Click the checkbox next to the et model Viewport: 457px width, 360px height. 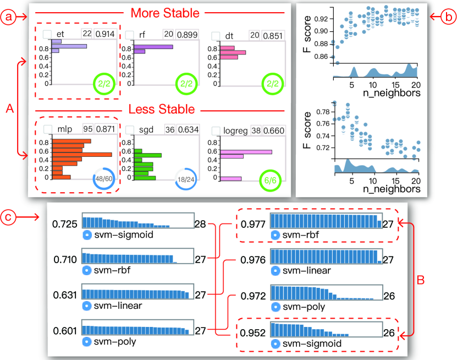click(48, 35)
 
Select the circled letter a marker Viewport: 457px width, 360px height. click(8, 18)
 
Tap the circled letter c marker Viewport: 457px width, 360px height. click(8, 216)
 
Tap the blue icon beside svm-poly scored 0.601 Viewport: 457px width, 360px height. click(86, 342)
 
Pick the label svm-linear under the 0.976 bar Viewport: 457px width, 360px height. click(306, 271)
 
